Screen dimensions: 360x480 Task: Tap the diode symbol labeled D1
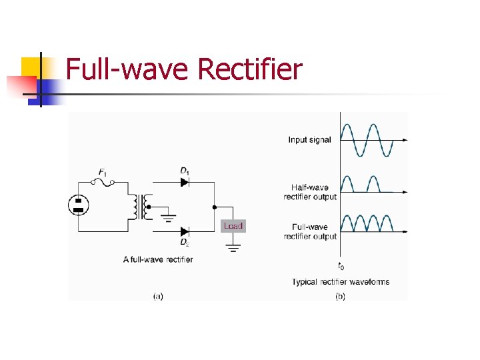click(185, 181)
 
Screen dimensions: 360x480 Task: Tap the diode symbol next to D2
click(185, 231)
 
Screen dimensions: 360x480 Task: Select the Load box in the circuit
click(233, 226)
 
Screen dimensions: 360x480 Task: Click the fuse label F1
click(103, 172)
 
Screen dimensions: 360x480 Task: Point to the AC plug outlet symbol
click(79, 205)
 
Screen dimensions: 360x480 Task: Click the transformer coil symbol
click(141, 207)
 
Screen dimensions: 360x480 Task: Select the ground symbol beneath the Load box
click(233, 247)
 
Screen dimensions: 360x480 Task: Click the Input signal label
click(309, 140)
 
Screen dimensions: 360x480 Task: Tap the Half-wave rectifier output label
click(310, 192)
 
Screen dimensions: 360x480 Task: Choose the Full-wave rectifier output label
click(310, 231)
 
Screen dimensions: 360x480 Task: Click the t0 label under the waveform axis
click(341, 266)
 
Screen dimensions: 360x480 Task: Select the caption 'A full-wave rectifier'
click(158, 259)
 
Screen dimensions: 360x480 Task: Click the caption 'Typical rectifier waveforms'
click(341, 282)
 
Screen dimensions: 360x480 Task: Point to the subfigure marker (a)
click(158, 296)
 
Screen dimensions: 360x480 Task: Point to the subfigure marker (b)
click(340, 296)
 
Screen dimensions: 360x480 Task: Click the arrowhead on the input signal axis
click(403, 140)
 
